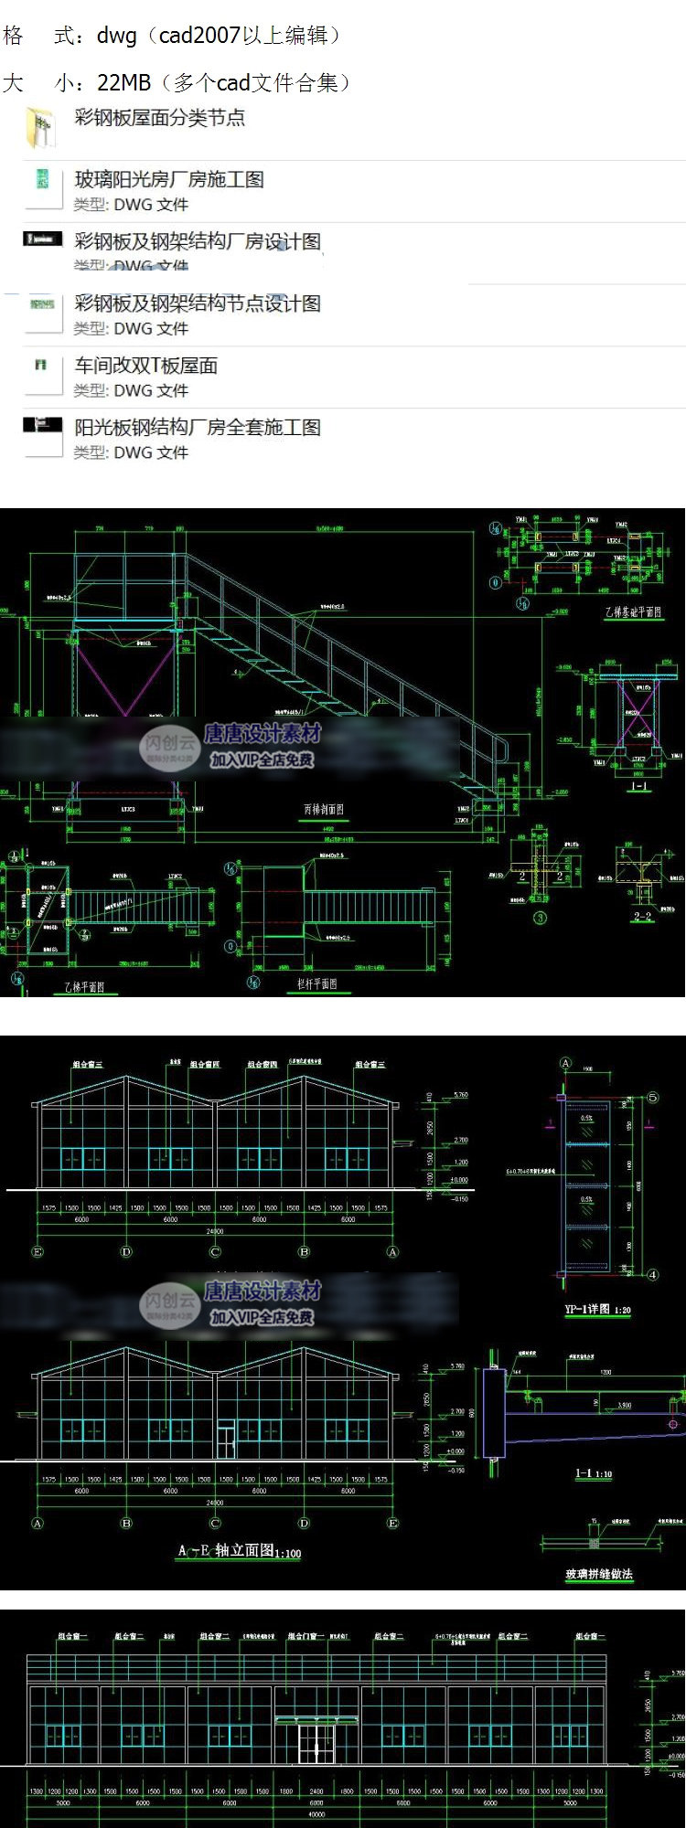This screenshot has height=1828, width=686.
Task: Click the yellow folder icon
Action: (41, 127)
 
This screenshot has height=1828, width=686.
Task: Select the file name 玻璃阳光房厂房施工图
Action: (169, 179)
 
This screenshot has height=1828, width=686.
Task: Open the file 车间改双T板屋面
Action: (146, 366)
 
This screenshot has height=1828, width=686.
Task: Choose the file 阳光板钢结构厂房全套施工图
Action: (198, 427)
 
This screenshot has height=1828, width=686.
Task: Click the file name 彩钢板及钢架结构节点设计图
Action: (198, 303)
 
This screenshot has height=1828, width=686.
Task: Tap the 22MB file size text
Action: (124, 83)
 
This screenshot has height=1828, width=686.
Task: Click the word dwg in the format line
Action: (117, 36)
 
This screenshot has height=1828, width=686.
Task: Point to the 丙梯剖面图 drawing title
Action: (324, 810)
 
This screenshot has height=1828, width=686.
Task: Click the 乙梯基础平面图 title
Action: (633, 612)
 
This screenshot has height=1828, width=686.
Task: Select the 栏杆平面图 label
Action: (316, 983)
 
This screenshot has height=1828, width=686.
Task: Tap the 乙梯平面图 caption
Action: (84, 987)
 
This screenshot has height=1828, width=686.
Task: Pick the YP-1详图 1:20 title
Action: (597, 1310)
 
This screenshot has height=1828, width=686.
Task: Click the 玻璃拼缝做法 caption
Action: (599, 1574)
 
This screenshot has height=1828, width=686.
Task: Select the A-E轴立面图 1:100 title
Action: (239, 1551)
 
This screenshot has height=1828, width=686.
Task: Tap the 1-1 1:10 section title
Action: (594, 1474)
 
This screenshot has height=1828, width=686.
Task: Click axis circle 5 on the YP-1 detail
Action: (653, 1097)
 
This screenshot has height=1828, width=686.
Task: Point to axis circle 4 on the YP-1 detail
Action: (653, 1274)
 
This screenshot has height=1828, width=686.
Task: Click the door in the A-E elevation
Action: (225, 1438)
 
